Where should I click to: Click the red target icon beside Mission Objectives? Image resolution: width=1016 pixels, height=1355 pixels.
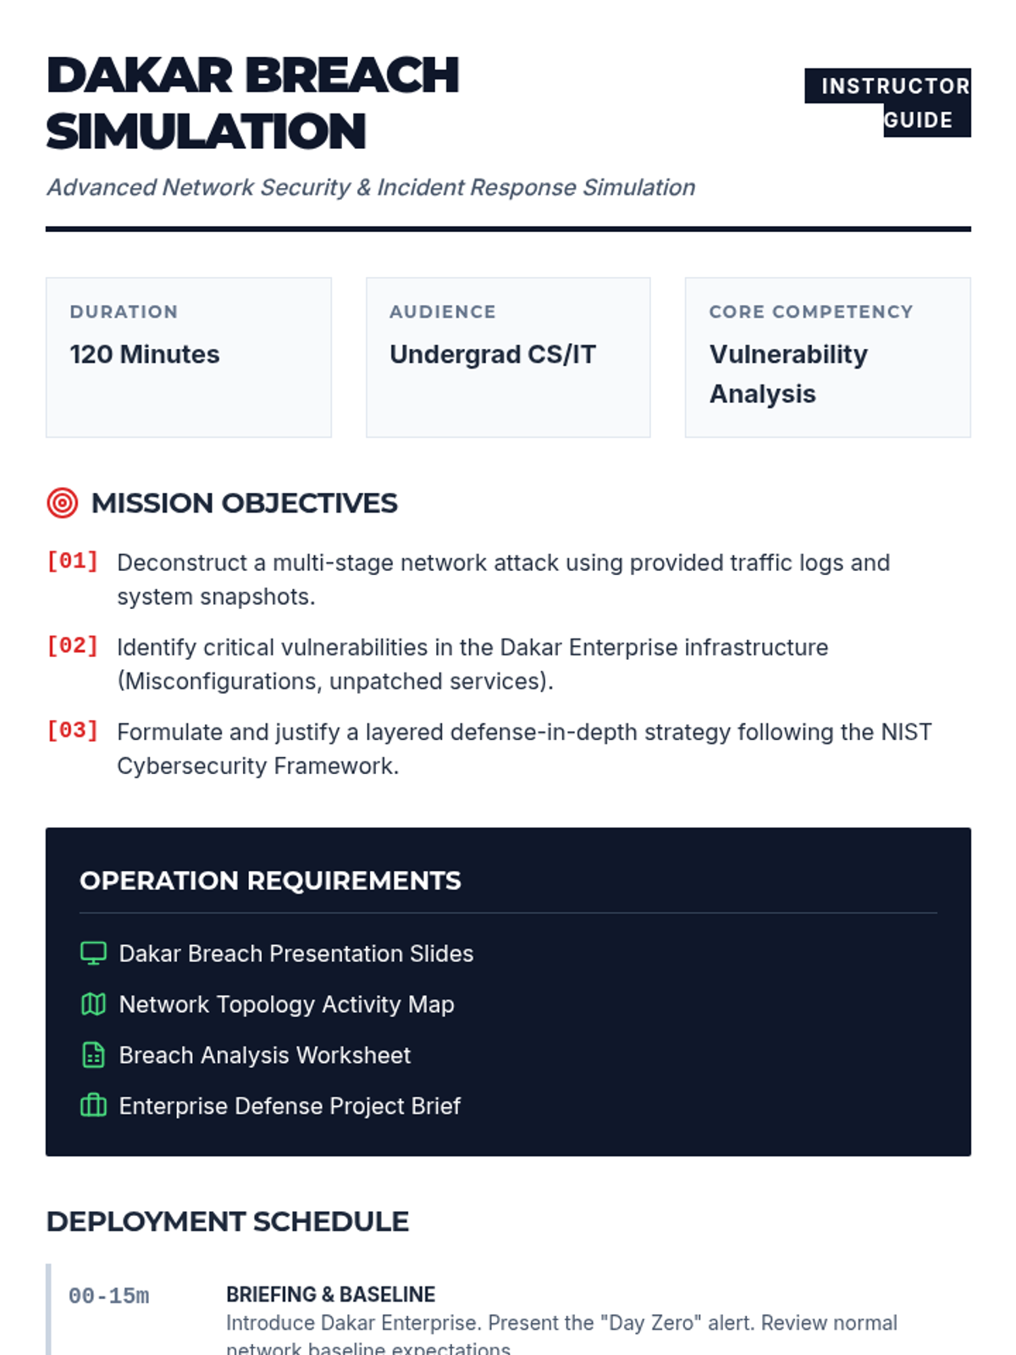tap(63, 503)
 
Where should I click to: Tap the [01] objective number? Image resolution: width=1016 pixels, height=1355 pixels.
tap(73, 561)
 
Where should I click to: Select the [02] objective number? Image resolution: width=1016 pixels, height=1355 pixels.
tap(73, 646)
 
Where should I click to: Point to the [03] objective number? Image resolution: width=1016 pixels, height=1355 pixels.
tap(73, 731)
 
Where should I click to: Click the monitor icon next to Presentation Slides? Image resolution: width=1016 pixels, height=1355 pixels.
tap(93, 954)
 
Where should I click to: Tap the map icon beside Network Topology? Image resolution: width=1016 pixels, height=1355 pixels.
tap(93, 1004)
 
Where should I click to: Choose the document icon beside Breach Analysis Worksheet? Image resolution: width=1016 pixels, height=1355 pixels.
tap(93, 1055)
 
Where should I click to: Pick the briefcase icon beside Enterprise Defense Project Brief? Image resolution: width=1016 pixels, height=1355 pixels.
tap(93, 1106)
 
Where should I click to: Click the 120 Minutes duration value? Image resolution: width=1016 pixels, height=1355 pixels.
tap(145, 354)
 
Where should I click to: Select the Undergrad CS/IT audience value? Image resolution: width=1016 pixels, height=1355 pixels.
tap(493, 354)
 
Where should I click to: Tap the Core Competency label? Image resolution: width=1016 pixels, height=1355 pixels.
tap(811, 312)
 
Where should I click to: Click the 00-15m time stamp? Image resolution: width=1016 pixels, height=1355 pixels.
tap(109, 1296)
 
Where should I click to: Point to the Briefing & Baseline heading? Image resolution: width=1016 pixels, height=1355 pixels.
tap(330, 1294)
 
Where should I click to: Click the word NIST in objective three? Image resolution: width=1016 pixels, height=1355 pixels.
tap(906, 732)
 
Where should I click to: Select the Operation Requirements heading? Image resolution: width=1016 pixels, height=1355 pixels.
tap(270, 881)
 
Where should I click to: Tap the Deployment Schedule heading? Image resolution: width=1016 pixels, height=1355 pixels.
tap(228, 1221)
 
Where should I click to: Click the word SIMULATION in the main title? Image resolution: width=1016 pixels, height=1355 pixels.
tap(206, 132)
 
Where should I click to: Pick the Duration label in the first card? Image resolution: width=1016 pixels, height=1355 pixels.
tap(124, 312)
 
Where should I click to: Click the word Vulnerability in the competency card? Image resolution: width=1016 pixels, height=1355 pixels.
tap(788, 354)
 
